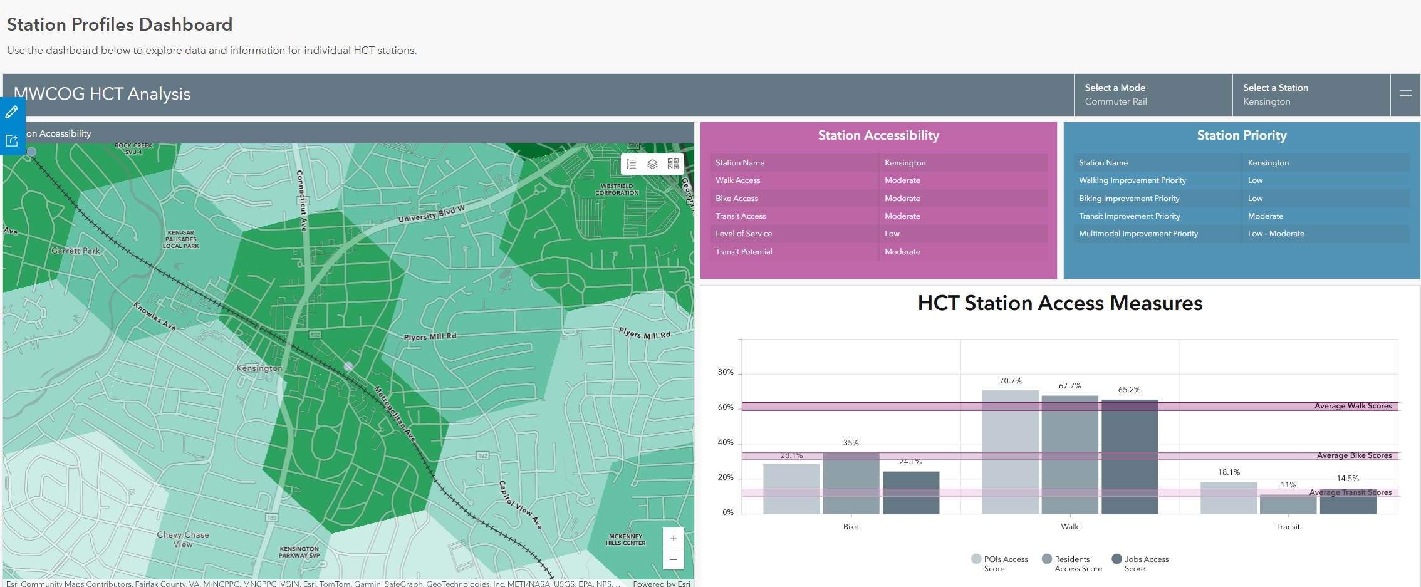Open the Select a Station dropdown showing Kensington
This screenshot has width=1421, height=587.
1310,95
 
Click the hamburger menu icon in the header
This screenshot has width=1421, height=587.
1405,95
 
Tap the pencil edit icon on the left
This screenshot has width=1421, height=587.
12,112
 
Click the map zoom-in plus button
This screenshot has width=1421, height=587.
673,538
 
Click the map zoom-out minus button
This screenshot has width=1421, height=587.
673,559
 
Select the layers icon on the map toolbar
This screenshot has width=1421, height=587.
652,164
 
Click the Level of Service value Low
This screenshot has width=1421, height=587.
892,234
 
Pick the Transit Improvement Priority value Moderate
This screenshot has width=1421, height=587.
1265,216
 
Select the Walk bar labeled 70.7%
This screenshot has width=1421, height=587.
1010,451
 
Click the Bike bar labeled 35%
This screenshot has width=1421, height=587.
851,482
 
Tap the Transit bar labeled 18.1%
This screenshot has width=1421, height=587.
1228,497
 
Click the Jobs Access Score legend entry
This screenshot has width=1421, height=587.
1140,564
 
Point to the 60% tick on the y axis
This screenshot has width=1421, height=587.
726,407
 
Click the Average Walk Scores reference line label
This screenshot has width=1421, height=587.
1353,406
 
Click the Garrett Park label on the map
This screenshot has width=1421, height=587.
75,251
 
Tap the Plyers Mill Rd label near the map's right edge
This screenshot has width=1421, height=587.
644,333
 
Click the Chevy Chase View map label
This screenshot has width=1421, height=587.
183,539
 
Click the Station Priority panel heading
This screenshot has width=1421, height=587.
1241,135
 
